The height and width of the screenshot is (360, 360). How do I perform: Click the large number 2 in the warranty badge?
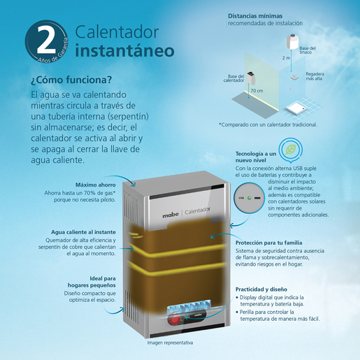click(46, 39)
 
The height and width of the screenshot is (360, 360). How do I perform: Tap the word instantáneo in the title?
click(124, 51)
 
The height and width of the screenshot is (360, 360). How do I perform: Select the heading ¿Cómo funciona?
click(71, 80)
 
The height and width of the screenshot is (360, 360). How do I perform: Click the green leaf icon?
click(291, 150)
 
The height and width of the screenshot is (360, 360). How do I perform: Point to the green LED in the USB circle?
click(250, 198)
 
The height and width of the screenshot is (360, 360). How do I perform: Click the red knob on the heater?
click(174, 319)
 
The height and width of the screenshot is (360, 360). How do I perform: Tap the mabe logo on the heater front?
click(171, 215)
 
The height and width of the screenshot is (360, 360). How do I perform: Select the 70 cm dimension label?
click(257, 91)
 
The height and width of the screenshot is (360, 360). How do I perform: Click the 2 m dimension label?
click(286, 58)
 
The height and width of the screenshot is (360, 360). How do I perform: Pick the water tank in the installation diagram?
click(293, 41)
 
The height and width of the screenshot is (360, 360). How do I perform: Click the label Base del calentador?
click(233, 78)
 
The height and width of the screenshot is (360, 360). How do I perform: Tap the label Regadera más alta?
click(315, 76)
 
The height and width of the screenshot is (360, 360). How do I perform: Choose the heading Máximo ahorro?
click(96, 185)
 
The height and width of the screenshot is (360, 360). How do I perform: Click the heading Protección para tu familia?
click(268, 243)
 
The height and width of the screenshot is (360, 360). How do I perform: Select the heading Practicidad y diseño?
click(261, 289)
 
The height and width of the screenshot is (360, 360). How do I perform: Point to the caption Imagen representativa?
click(170, 343)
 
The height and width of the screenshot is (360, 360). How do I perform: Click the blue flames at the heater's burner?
click(189, 305)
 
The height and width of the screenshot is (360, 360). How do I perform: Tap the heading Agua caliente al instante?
click(83, 232)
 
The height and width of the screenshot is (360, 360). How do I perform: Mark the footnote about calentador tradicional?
click(268, 124)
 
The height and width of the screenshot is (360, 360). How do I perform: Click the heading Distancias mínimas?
click(255, 16)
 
